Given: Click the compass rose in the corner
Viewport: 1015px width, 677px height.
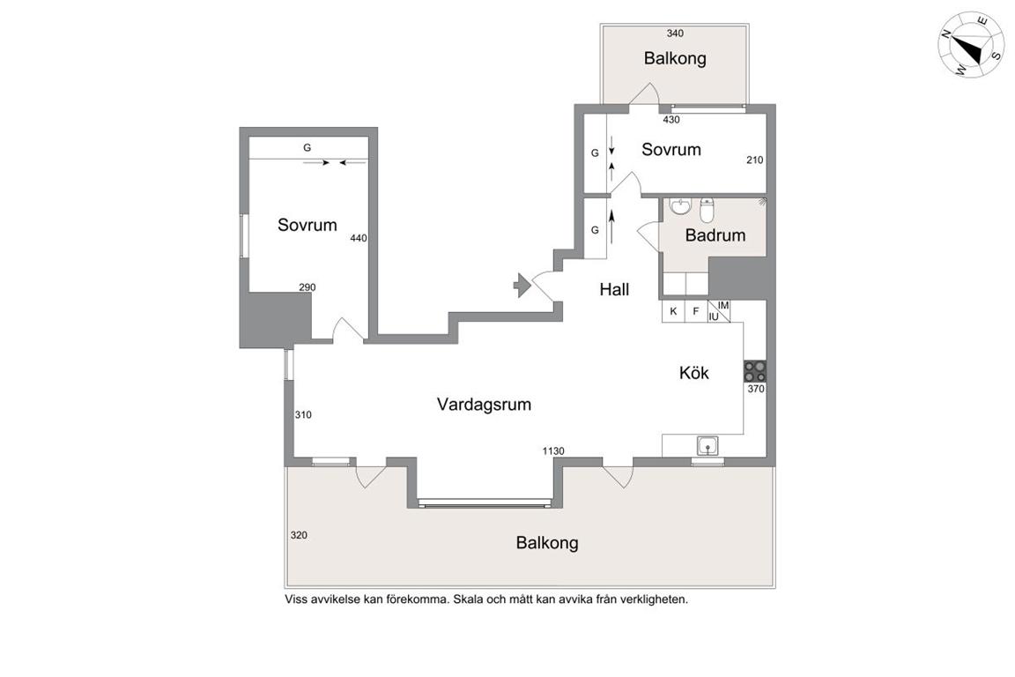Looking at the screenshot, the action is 970,45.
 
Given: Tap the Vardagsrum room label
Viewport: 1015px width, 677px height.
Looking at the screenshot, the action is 484,405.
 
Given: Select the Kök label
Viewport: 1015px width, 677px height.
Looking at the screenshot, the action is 694,373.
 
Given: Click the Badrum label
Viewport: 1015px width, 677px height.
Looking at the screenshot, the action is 715,235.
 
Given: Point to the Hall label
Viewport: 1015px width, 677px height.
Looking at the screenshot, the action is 614,290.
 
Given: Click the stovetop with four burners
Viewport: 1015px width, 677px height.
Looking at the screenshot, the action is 755,371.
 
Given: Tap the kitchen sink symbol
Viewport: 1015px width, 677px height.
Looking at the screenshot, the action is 708,446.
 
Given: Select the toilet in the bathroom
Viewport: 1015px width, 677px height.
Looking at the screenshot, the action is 707,209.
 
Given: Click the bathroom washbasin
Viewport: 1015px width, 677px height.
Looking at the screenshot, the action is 680,206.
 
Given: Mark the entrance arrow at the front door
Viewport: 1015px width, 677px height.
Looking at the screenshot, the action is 522,285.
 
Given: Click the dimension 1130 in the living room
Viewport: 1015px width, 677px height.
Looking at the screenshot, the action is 553,451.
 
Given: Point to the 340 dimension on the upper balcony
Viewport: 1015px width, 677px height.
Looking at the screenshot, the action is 675,33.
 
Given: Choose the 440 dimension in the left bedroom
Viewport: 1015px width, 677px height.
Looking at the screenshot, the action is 359,238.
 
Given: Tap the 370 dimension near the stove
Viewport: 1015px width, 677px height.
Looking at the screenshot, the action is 756,390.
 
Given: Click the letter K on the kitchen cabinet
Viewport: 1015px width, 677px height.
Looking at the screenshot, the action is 673,312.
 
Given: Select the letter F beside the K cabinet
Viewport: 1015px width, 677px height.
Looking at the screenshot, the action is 696,312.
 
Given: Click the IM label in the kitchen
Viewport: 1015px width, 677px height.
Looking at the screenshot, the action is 723,305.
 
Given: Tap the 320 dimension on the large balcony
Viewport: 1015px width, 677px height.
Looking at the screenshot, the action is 299,536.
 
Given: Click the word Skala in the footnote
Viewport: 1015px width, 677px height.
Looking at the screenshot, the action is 467,600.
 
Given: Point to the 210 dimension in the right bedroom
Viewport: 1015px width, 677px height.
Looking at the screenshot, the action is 755,160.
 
